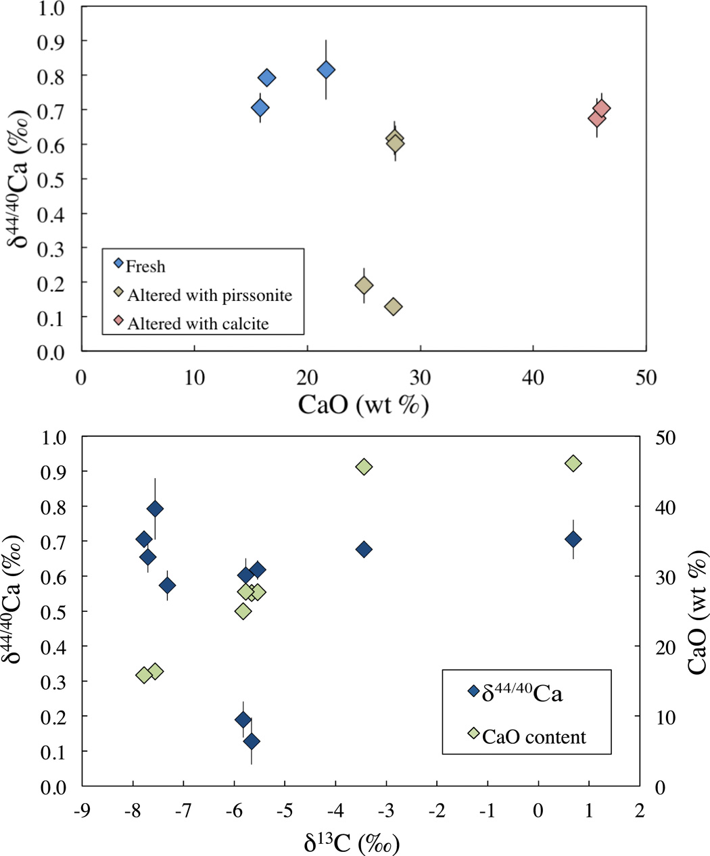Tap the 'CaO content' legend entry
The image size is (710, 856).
[x=534, y=736]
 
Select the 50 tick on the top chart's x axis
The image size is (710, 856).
[x=646, y=377]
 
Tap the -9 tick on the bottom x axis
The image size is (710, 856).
[x=82, y=810]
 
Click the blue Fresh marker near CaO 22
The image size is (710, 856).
[x=326, y=70]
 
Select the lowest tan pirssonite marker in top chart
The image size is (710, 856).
[x=393, y=306]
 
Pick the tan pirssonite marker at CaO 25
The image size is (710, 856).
[x=364, y=285]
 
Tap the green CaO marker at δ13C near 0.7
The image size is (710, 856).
[x=573, y=463]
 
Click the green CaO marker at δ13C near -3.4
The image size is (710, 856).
[x=364, y=467]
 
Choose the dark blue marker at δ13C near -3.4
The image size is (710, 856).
[x=364, y=549]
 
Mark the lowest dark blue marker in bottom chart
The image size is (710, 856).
[x=252, y=741]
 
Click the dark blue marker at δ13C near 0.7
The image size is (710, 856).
[x=573, y=539]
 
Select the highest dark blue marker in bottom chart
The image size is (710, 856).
[x=155, y=508]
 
